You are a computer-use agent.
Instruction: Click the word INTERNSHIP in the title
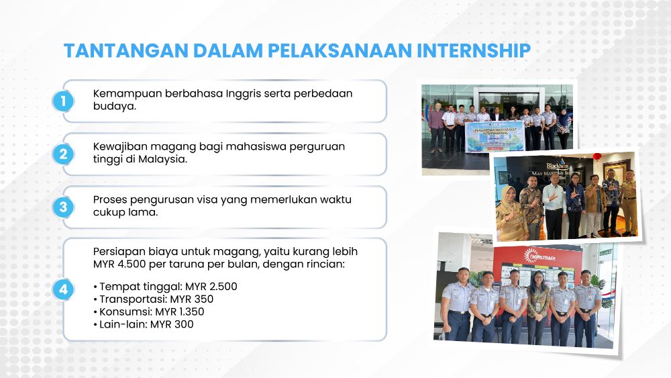(474, 50)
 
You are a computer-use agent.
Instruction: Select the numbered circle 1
(63, 101)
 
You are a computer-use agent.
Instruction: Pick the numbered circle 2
(63, 154)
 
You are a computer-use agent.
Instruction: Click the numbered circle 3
(63, 207)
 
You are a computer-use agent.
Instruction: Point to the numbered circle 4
(63, 290)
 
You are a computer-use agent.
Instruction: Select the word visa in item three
(207, 200)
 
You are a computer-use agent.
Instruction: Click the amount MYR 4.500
(119, 264)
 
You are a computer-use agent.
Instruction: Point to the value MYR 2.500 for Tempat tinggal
(211, 287)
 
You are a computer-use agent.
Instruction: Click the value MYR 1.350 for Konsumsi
(180, 312)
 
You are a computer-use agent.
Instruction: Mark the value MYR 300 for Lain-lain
(172, 324)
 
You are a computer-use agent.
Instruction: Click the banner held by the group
(495, 136)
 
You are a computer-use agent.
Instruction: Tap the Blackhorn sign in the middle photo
(557, 164)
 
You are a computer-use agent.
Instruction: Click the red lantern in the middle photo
(597, 156)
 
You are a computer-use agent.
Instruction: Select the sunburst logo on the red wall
(531, 256)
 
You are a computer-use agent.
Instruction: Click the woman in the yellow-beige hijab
(511, 213)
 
